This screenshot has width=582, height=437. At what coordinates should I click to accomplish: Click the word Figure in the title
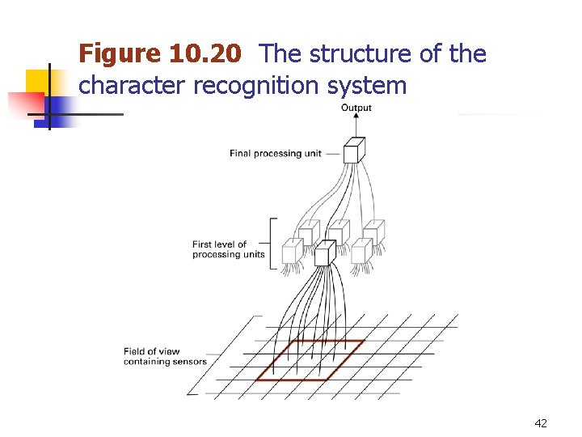[120, 55]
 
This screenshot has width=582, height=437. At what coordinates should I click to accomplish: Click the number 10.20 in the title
[205, 55]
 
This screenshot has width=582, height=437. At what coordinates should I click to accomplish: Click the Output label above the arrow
[356, 108]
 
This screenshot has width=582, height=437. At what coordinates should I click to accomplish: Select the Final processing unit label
[275, 154]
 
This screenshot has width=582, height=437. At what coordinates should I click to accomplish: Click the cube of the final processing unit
[354, 151]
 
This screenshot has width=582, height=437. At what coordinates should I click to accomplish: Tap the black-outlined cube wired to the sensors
[325, 254]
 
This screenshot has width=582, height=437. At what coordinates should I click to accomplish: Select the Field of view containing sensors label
[164, 357]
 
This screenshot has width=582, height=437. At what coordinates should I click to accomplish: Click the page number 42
[541, 422]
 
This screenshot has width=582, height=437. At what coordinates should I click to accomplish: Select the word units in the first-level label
[252, 254]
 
